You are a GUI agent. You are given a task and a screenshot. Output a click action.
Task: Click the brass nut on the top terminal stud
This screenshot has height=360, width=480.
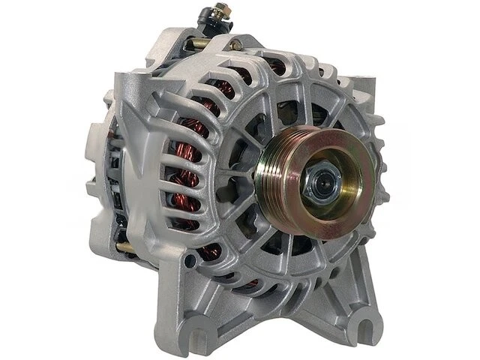[221, 11]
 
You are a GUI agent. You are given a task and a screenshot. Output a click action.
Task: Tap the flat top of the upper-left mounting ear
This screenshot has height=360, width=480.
[142, 79]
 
